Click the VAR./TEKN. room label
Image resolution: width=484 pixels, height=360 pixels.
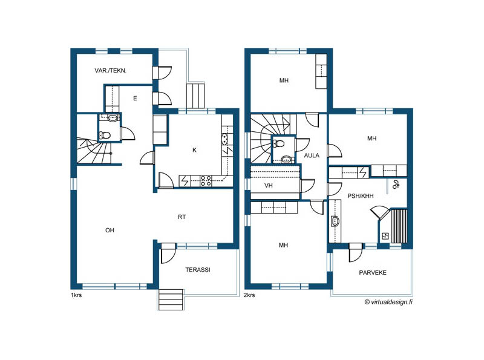[111, 71]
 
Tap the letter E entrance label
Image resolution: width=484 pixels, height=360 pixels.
[135, 99]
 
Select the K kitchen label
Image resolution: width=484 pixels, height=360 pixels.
[194, 150]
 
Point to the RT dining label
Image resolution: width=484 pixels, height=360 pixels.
[182, 217]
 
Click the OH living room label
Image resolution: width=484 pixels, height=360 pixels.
[110, 231]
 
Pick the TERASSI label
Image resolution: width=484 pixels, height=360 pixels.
[198, 269]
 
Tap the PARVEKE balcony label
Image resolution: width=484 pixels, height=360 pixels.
[373, 273]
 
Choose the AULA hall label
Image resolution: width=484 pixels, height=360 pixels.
[312, 155]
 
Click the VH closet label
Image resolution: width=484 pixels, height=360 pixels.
[269, 186]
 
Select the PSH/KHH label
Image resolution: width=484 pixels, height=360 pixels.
[361, 196]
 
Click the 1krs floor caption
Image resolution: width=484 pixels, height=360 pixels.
[76, 295]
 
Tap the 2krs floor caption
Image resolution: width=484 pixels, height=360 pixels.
[249, 295]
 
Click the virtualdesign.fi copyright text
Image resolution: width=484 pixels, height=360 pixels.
[388, 302]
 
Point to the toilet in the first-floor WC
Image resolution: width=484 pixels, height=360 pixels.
[105, 135]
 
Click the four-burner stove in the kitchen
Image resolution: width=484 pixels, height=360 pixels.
[206, 181]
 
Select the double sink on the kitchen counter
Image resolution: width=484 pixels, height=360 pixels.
[224, 139]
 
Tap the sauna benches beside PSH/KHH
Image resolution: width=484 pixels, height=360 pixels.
[399, 226]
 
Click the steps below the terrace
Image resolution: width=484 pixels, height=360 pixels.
[171, 299]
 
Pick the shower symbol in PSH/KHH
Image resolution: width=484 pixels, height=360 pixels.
[396, 185]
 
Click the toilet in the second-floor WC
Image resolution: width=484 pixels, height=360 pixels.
[280, 143]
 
